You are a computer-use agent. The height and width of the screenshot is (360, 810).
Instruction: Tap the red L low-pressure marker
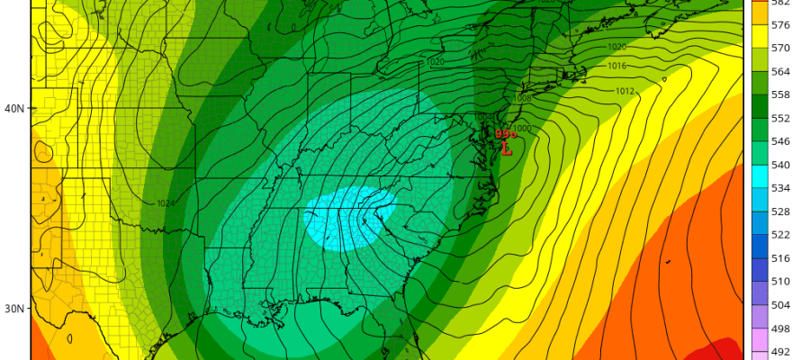coord(506,147)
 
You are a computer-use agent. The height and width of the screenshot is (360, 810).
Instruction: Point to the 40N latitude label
coord(13,108)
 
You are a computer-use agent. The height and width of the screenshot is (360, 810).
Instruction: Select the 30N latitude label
coord(13,309)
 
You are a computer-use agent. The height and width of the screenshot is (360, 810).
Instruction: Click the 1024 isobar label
coord(165,203)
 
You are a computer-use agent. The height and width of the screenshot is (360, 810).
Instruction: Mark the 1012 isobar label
coord(625,91)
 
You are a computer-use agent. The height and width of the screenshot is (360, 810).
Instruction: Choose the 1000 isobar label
coord(523,129)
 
